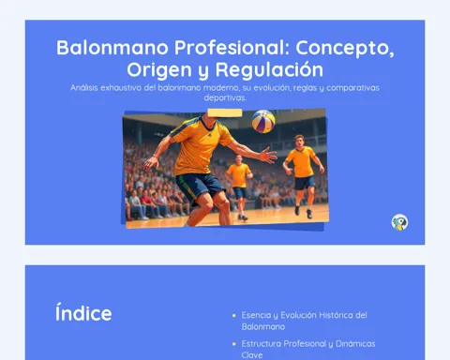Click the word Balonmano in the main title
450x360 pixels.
(112, 48)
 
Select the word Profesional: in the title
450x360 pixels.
(232, 48)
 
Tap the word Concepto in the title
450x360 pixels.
(343, 49)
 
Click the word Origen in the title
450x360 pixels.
(159, 70)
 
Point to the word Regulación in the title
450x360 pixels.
(269, 69)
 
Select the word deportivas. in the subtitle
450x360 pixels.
(225, 97)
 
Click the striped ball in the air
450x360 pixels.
(263, 121)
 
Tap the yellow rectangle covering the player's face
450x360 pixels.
(225, 112)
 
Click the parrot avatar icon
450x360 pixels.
(399, 222)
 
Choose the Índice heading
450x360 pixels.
(83, 313)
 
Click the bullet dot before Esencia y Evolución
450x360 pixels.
(234, 316)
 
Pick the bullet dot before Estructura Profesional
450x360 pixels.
(234, 344)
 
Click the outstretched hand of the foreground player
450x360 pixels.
(267, 155)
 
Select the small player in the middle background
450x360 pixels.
(239, 187)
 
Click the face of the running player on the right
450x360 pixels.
(300, 142)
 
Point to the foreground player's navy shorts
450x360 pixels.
(199, 187)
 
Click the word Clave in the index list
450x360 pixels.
(252, 355)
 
